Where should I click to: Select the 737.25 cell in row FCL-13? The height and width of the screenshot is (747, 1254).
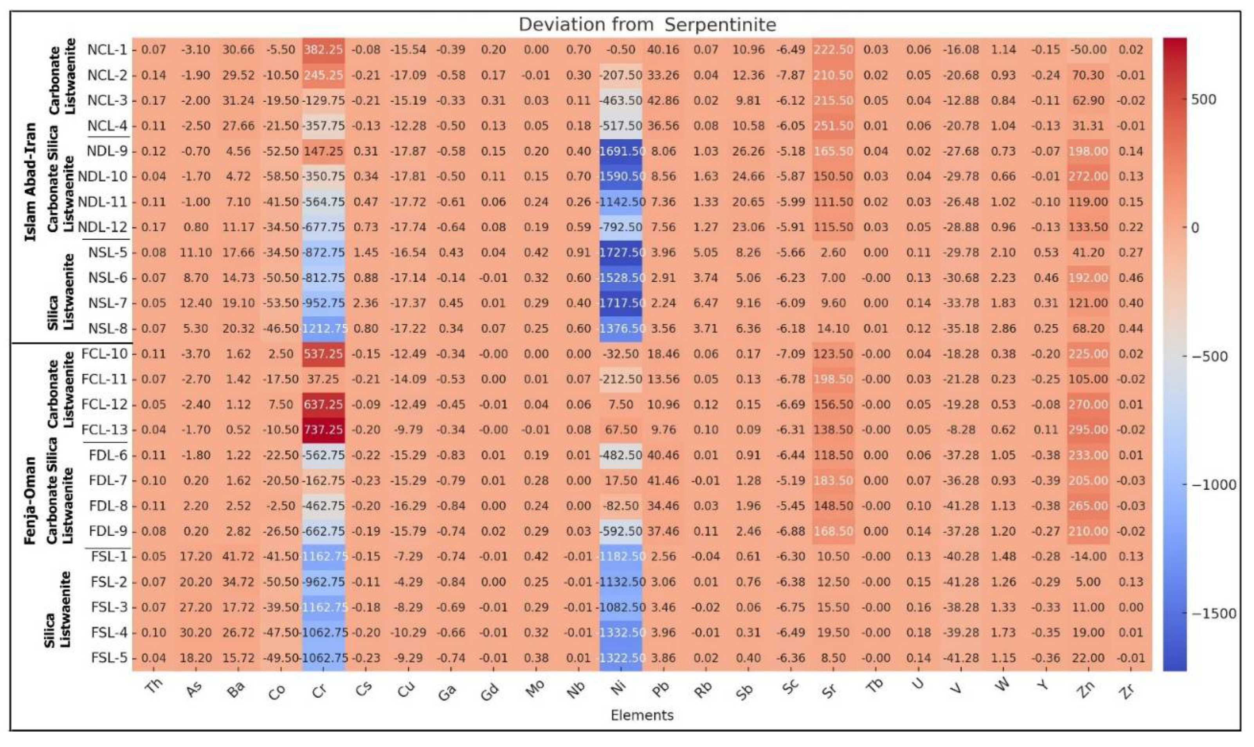(x=323, y=430)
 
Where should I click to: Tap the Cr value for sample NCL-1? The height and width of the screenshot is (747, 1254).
(x=323, y=50)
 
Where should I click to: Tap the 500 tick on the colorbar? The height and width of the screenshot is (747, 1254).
(x=1204, y=99)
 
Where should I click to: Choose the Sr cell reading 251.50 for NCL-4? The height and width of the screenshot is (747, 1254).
(x=833, y=126)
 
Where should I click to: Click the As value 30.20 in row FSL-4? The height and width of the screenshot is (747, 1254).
(x=196, y=633)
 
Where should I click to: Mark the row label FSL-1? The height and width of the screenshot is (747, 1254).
(x=109, y=557)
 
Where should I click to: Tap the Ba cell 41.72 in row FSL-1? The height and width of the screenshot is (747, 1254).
(x=238, y=557)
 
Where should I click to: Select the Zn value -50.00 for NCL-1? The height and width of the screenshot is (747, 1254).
(x=1088, y=50)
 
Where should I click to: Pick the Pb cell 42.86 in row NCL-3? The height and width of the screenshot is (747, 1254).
(x=663, y=101)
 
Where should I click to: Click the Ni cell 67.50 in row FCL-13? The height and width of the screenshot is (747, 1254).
(x=620, y=430)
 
